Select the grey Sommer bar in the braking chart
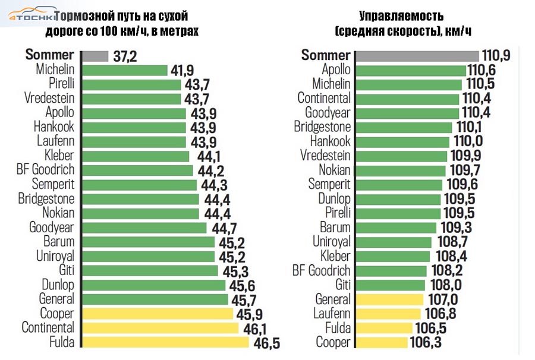point(95,56)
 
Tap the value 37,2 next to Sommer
point(125,56)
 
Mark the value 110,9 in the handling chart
point(496,56)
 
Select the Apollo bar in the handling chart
point(411,70)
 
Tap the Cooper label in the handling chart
point(333,342)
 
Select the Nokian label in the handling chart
point(332,170)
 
